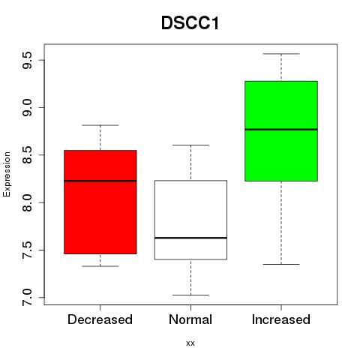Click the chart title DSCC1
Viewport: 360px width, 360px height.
(x=190, y=23)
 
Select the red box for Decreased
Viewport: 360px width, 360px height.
(x=100, y=202)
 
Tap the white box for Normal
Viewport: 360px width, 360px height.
(x=190, y=220)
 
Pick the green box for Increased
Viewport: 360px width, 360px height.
(x=281, y=130)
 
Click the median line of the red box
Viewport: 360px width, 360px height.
(x=100, y=181)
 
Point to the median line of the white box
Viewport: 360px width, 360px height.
(x=190, y=238)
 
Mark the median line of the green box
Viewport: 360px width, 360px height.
(x=281, y=129)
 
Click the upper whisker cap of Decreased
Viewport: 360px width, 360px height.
(x=100, y=125)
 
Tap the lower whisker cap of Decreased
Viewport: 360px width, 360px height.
(x=100, y=266)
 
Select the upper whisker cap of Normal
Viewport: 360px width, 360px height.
(x=190, y=145)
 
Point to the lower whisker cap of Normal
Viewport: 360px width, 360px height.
(x=190, y=295)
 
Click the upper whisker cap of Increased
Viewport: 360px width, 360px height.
(x=281, y=54)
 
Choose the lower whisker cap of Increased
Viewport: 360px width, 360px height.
(x=281, y=264)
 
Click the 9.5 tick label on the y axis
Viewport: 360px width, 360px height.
(x=27, y=60)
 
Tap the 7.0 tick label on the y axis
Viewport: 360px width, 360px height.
(x=27, y=298)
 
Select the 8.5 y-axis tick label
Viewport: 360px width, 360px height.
(x=27, y=155)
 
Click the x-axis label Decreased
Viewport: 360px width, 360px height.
(x=100, y=319)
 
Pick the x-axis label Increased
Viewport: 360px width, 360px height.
(x=281, y=319)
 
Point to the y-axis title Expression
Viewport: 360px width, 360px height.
(x=7, y=174)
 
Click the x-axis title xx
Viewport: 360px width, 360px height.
(x=190, y=343)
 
